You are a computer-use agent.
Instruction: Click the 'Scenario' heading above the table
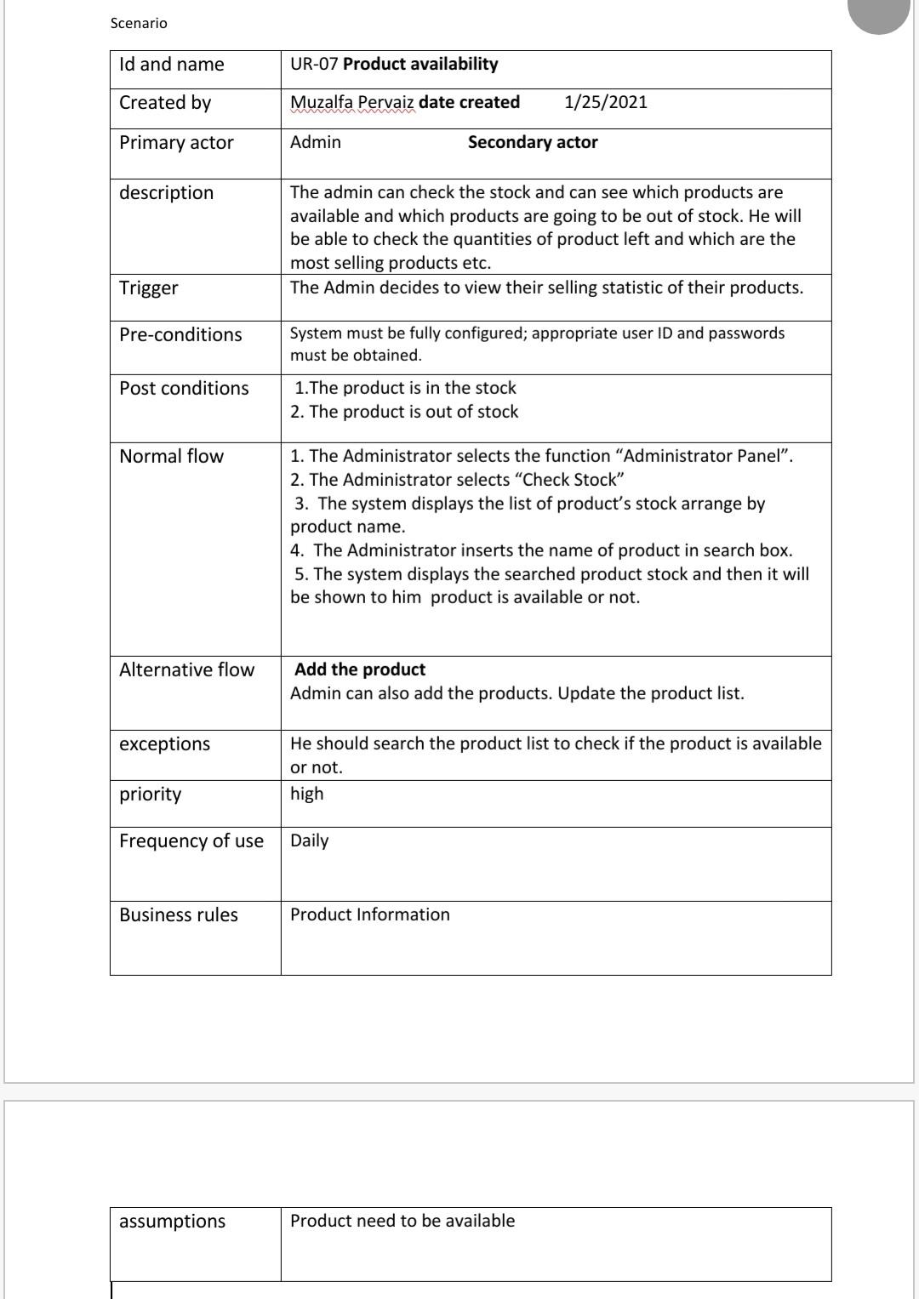point(139,23)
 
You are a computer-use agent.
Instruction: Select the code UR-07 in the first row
point(314,65)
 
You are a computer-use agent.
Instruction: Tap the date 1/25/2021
point(605,102)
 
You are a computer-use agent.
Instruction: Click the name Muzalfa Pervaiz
point(351,102)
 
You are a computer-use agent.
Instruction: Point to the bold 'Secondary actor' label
point(532,142)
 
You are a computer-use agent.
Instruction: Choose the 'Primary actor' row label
point(176,142)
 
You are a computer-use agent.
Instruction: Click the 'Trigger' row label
point(149,288)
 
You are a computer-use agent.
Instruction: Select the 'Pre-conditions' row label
point(180,334)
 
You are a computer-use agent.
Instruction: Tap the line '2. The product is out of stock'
point(404,412)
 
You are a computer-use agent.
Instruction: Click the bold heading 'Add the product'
point(360,669)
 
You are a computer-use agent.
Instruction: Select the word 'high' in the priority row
point(306,794)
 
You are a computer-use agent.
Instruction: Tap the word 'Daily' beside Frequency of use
point(309,840)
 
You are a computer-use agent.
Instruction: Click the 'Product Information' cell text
point(369,914)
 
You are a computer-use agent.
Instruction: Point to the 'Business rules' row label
point(179,914)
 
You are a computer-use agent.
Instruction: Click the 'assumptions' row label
point(172,1221)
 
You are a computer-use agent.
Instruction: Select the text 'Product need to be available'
point(402,1221)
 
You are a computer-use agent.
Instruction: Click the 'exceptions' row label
point(164,744)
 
